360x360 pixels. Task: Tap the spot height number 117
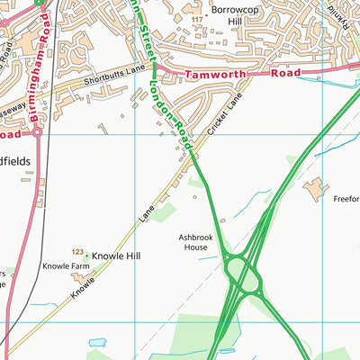click(196, 18)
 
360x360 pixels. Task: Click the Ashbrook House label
click(196, 240)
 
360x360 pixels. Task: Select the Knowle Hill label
click(116, 256)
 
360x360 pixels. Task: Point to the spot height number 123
click(77, 251)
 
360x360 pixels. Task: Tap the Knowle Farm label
click(66, 267)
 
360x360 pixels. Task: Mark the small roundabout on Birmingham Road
click(37, 131)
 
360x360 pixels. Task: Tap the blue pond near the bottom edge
click(97, 343)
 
